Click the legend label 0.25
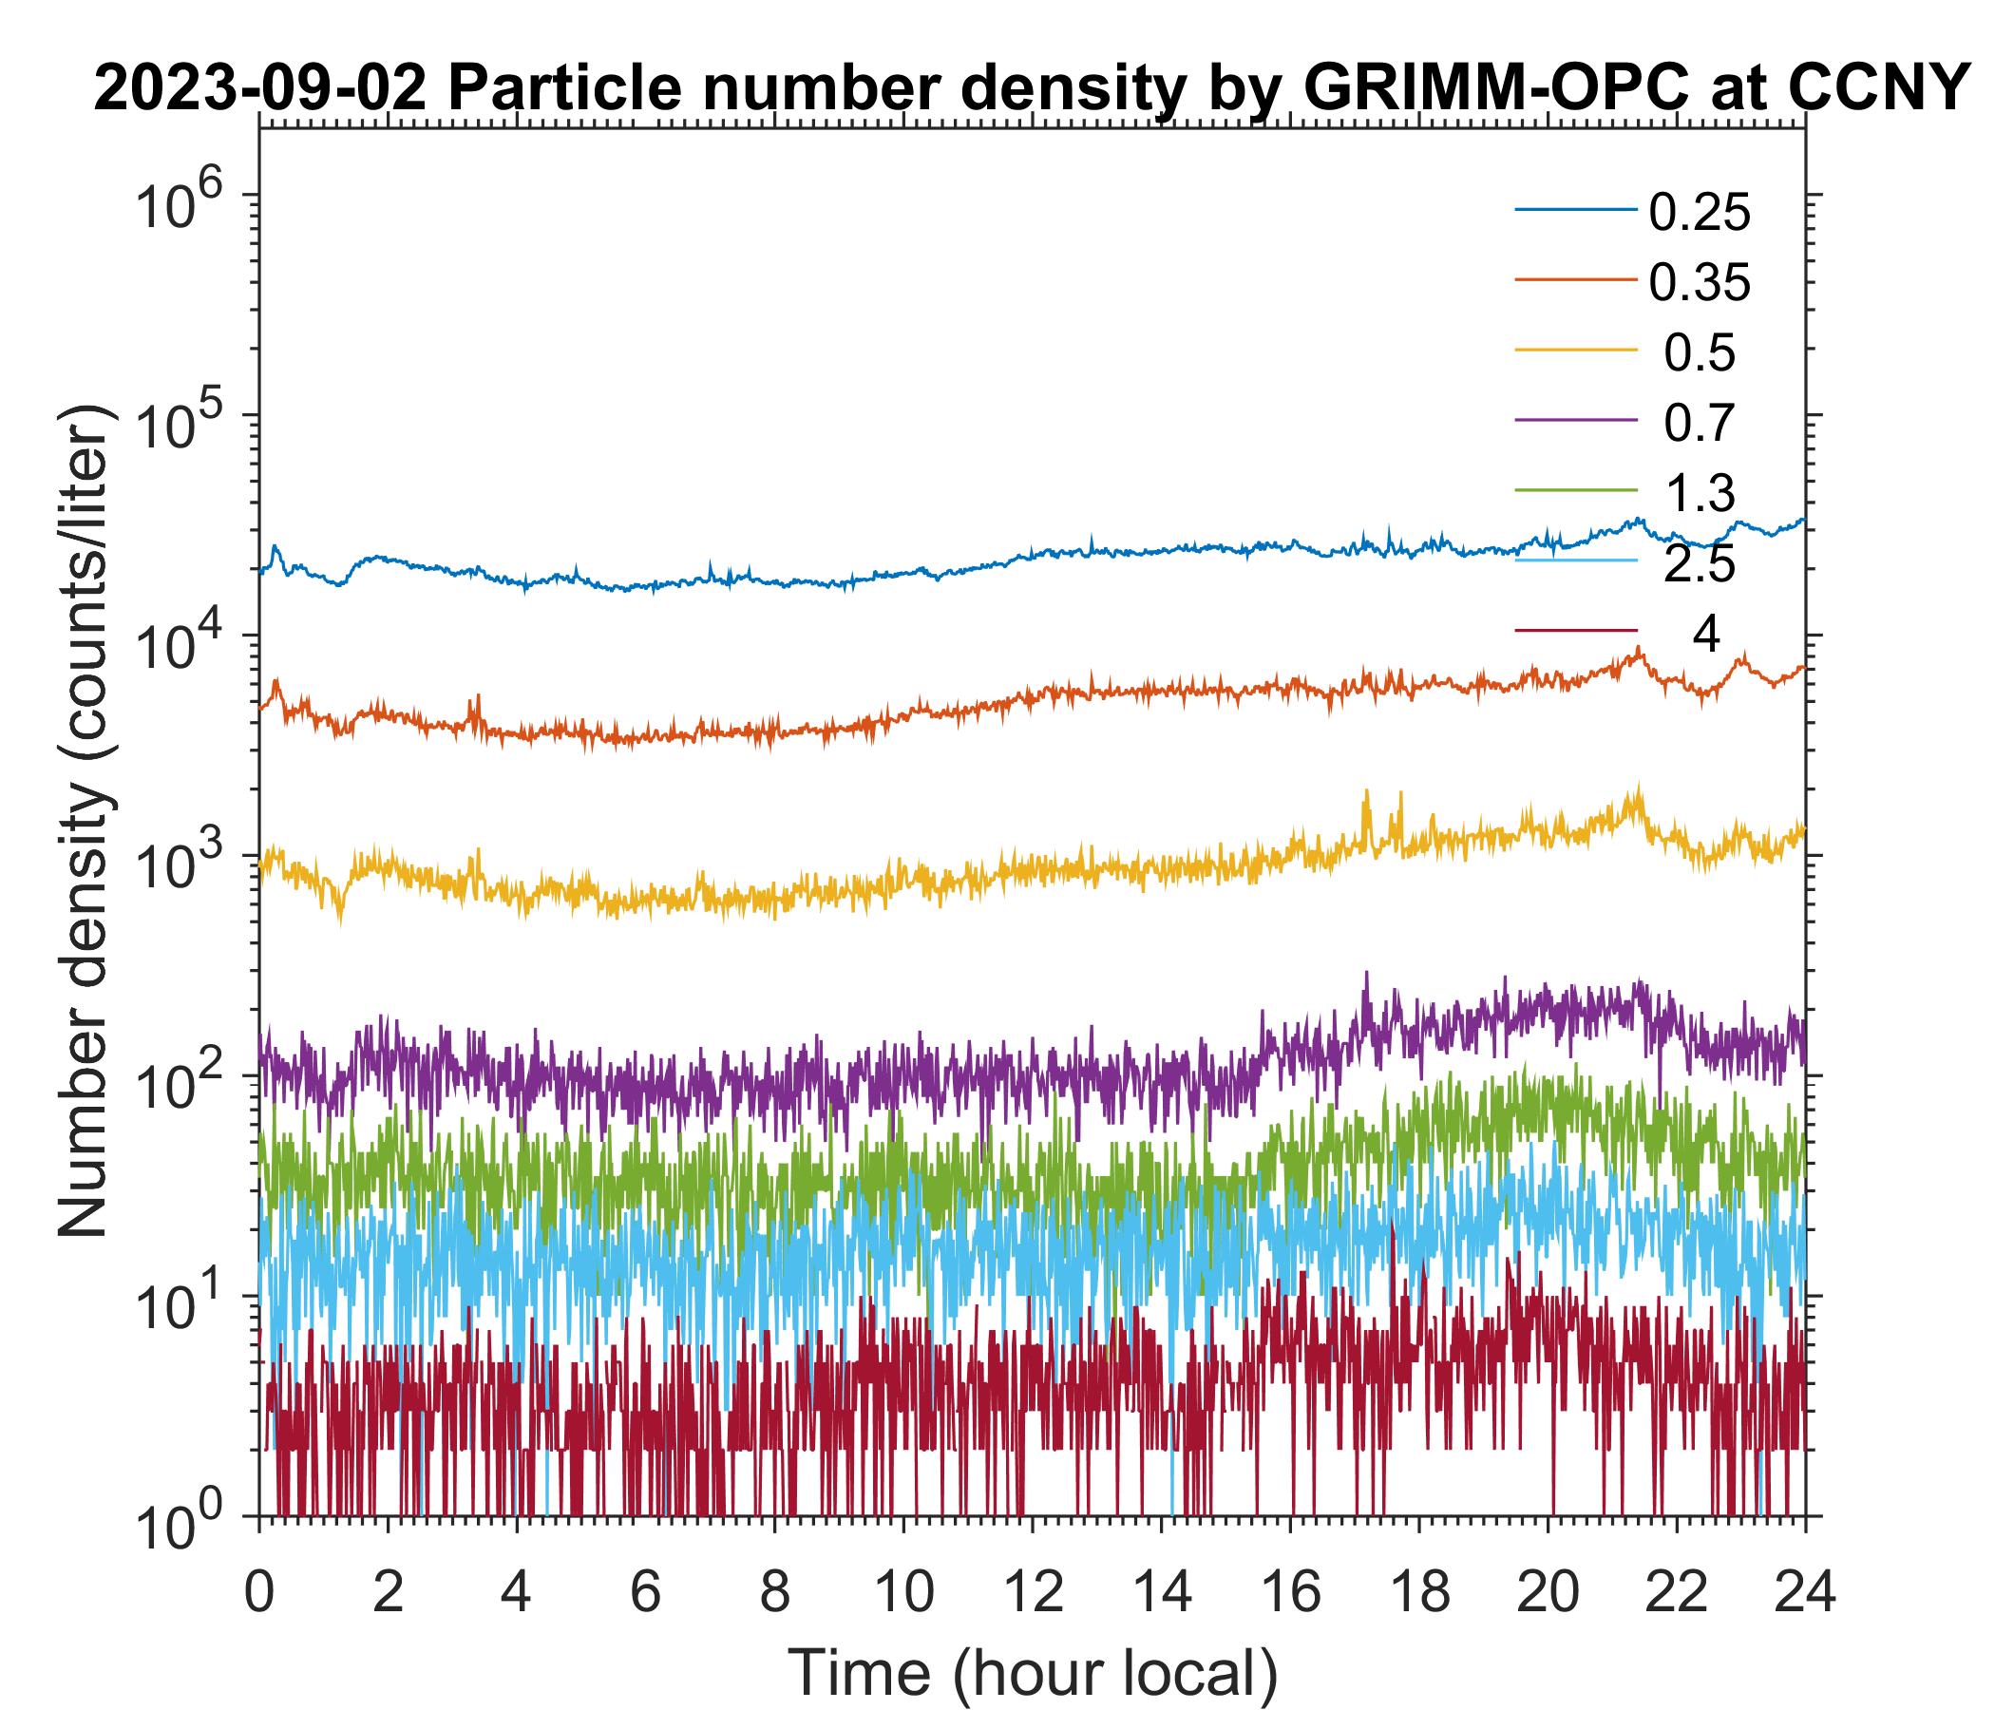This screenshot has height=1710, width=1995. point(1699,214)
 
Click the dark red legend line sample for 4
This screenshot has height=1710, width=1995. point(1575,631)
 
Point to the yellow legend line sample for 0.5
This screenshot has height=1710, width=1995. point(1575,351)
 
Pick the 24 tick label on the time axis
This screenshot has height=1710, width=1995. point(1804,1591)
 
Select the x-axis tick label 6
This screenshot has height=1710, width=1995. point(645,1591)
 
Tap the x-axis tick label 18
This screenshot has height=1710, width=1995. point(1419,1591)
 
